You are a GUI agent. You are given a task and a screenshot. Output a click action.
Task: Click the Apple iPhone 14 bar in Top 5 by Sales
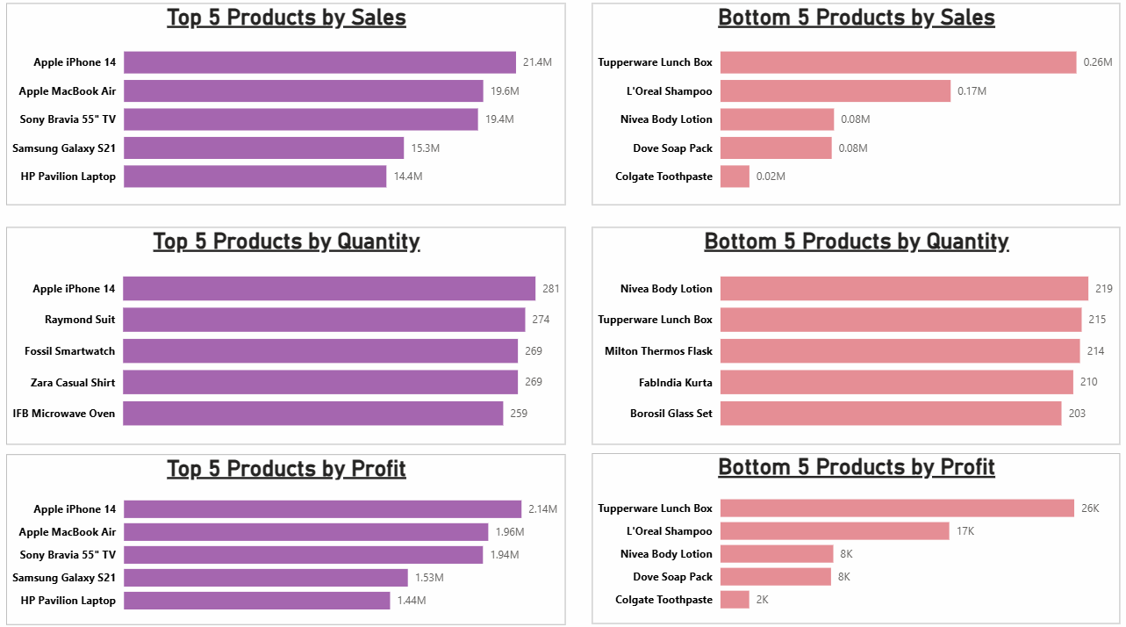pyautogui.click(x=319, y=62)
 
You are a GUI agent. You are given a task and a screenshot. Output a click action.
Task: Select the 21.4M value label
pyautogui.click(x=537, y=62)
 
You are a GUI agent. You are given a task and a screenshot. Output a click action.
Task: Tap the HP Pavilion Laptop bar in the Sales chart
pyautogui.click(x=255, y=177)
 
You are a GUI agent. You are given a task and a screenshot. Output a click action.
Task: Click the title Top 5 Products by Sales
pyautogui.click(x=286, y=18)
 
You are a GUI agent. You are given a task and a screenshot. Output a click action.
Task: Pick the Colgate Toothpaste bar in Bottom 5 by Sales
pyautogui.click(x=735, y=177)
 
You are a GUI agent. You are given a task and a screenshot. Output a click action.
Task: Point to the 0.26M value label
pyautogui.click(x=1098, y=62)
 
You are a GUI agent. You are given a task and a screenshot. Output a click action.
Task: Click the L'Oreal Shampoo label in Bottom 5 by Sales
pyautogui.click(x=670, y=91)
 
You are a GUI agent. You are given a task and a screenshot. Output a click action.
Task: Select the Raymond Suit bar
pyautogui.click(x=324, y=320)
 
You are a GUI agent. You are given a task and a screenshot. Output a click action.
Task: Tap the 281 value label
pyautogui.click(x=550, y=289)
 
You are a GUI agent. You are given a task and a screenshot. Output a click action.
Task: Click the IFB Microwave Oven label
pyautogui.click(x=64, y=414)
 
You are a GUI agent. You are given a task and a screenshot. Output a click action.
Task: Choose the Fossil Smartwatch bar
pyautogui.click(x=320, y=351)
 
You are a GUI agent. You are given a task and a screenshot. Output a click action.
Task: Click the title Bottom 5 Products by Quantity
pyautogui.click(x=856, y=241)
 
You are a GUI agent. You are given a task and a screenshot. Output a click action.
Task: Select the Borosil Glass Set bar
pyautogui.click(x=891, y=414)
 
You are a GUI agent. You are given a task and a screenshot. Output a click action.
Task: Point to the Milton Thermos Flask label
pyautogui.click(x=658, y=351)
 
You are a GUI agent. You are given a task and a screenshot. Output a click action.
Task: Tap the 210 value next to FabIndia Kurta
pyautogui.click(x=1088, y=382)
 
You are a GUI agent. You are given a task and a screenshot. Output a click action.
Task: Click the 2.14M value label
pyautogui.click(x=542, y=509)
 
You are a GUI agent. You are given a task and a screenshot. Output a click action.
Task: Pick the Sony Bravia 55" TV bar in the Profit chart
pyautogui.click(x=303, y=555)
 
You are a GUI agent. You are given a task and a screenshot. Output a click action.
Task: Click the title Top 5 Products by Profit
pyautogui.click(x=286, y=469)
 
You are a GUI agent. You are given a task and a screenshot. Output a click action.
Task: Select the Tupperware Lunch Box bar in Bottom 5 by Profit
pyautogui.click(x=897, y=508)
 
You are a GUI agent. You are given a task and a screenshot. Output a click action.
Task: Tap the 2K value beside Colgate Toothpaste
pyautogui.click(x=762, y=600)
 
